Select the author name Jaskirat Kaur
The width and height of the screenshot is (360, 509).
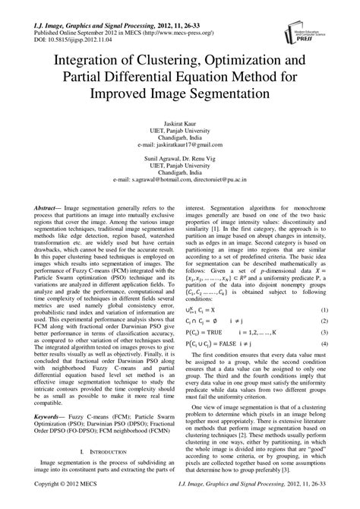(x=179, y=122)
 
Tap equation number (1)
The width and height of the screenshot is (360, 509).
(x=324, y=310)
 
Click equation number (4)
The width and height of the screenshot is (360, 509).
(x=324, y=344)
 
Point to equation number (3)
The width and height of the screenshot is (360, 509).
(x=324, y=333)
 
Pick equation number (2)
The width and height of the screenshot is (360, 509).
(x=324, y=321)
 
